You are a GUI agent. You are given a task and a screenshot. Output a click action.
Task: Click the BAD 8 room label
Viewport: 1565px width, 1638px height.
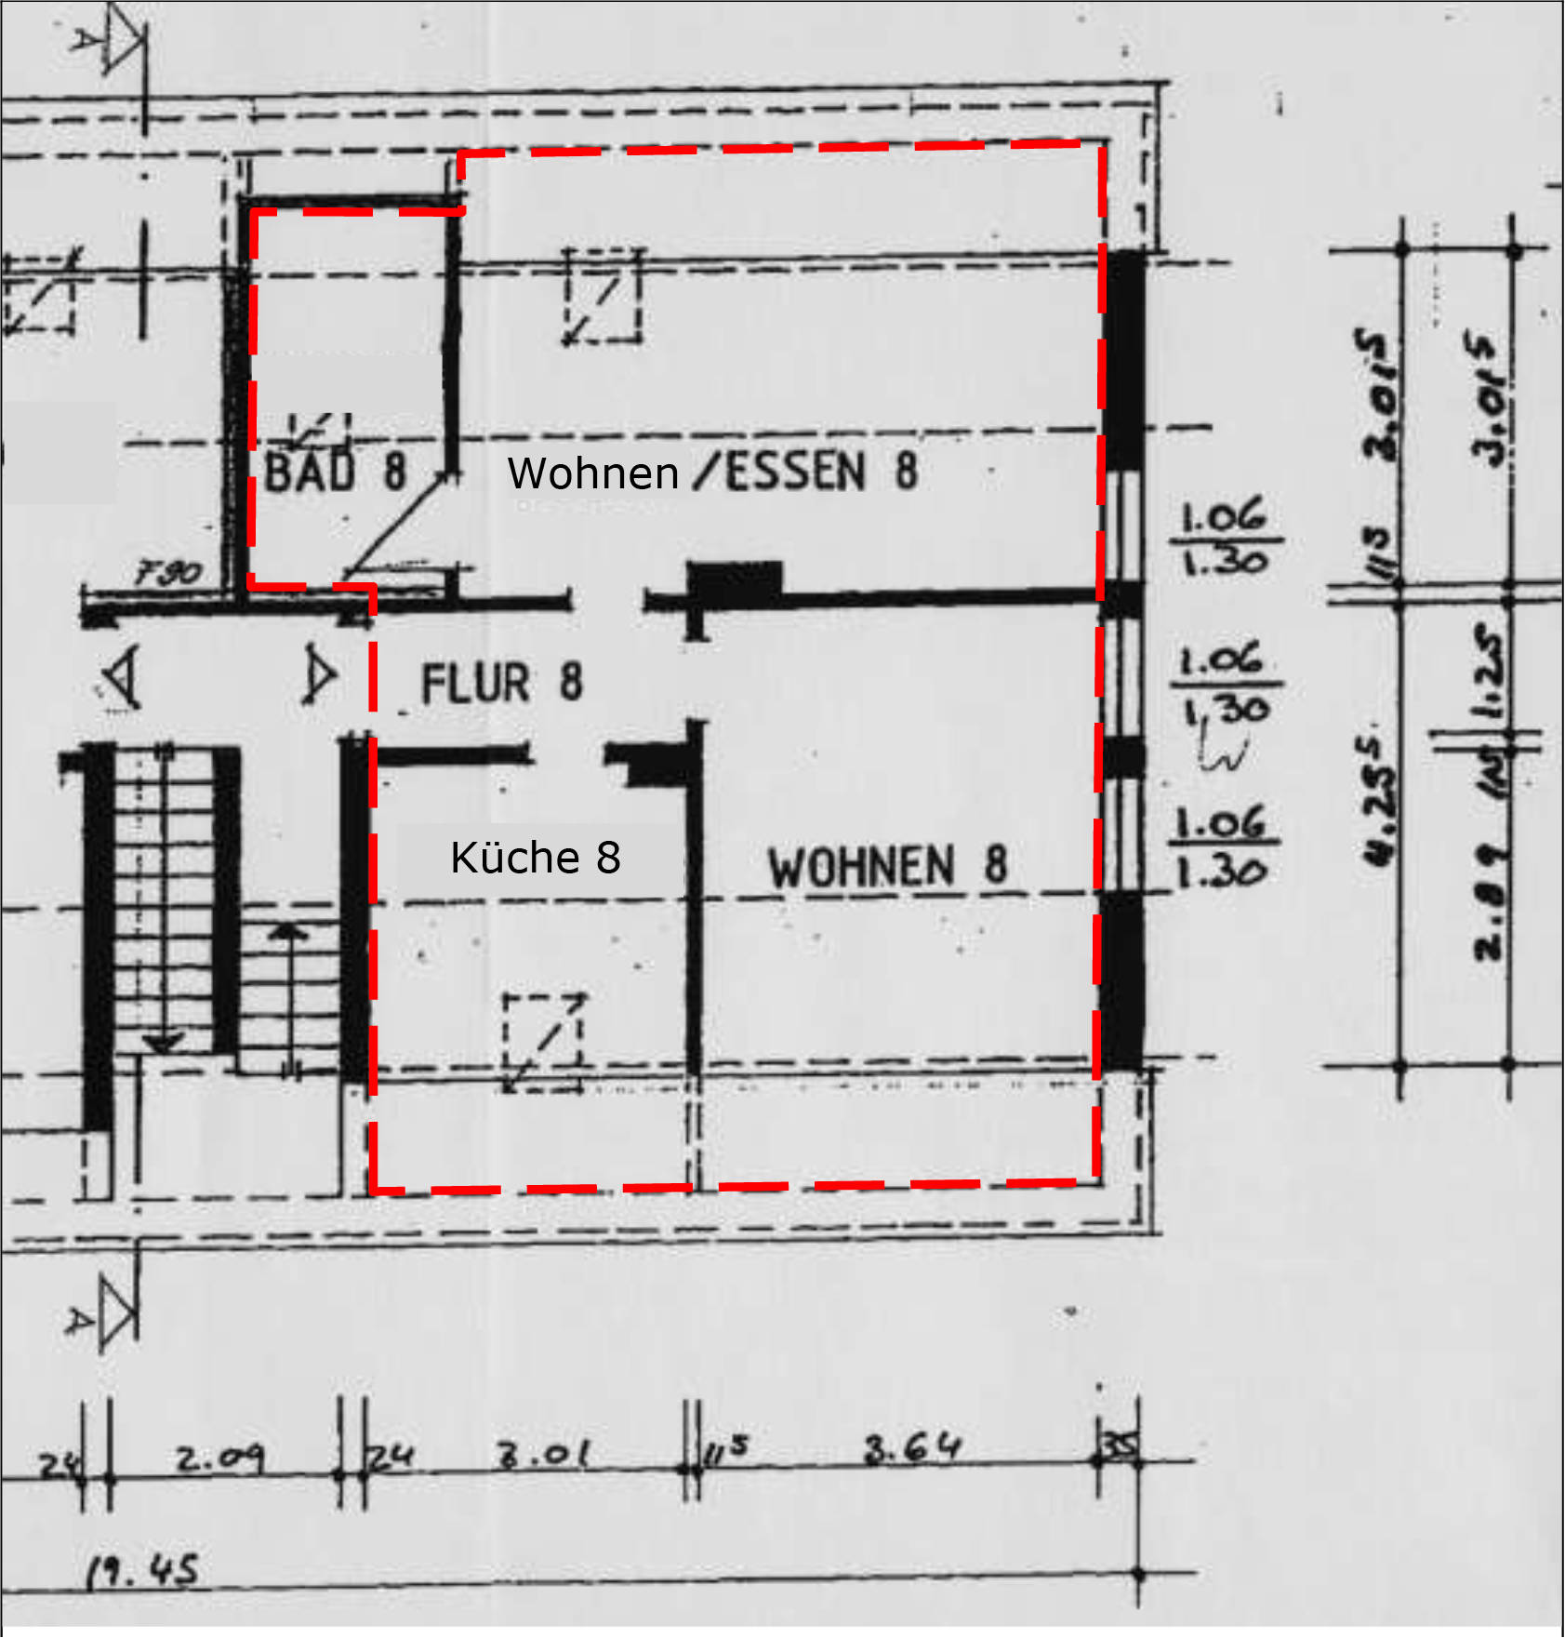pyautogui.click(x=335, y=471)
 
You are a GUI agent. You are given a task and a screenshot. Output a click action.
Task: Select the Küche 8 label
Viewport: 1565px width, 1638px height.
pyautogui.click(x=536, y=858)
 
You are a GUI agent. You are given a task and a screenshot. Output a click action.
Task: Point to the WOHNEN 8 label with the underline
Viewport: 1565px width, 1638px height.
pyautogui.click(x=887, y=867)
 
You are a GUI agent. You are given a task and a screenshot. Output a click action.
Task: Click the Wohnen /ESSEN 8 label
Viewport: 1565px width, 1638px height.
pyautogui.click(x=712, y=472)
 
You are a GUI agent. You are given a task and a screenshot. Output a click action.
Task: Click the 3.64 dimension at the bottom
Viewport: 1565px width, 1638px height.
pyautogui.click(x=911, y=1449)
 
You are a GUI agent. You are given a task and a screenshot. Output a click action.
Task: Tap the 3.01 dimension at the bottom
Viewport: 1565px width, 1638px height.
pyautogui.click(x=544, y=1454)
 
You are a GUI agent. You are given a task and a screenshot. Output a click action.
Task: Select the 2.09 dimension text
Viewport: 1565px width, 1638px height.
pyautogui.click(x=220, y=1458)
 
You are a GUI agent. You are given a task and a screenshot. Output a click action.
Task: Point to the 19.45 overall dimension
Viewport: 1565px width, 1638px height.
pyautogui.click(x=142, y=1571)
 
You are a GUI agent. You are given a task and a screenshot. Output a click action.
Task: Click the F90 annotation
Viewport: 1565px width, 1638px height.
pyautogui.click(x=168, y=571)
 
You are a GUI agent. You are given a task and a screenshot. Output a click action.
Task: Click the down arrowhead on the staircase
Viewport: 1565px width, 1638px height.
pyautogui.click(x=165, y=1044)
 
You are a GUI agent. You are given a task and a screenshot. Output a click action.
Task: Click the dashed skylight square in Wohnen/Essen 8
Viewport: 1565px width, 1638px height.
pyautogui.click(x=603, y=296)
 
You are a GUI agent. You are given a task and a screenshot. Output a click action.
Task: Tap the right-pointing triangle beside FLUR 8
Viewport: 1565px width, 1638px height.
pyautogui.click(x=319, y=676)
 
